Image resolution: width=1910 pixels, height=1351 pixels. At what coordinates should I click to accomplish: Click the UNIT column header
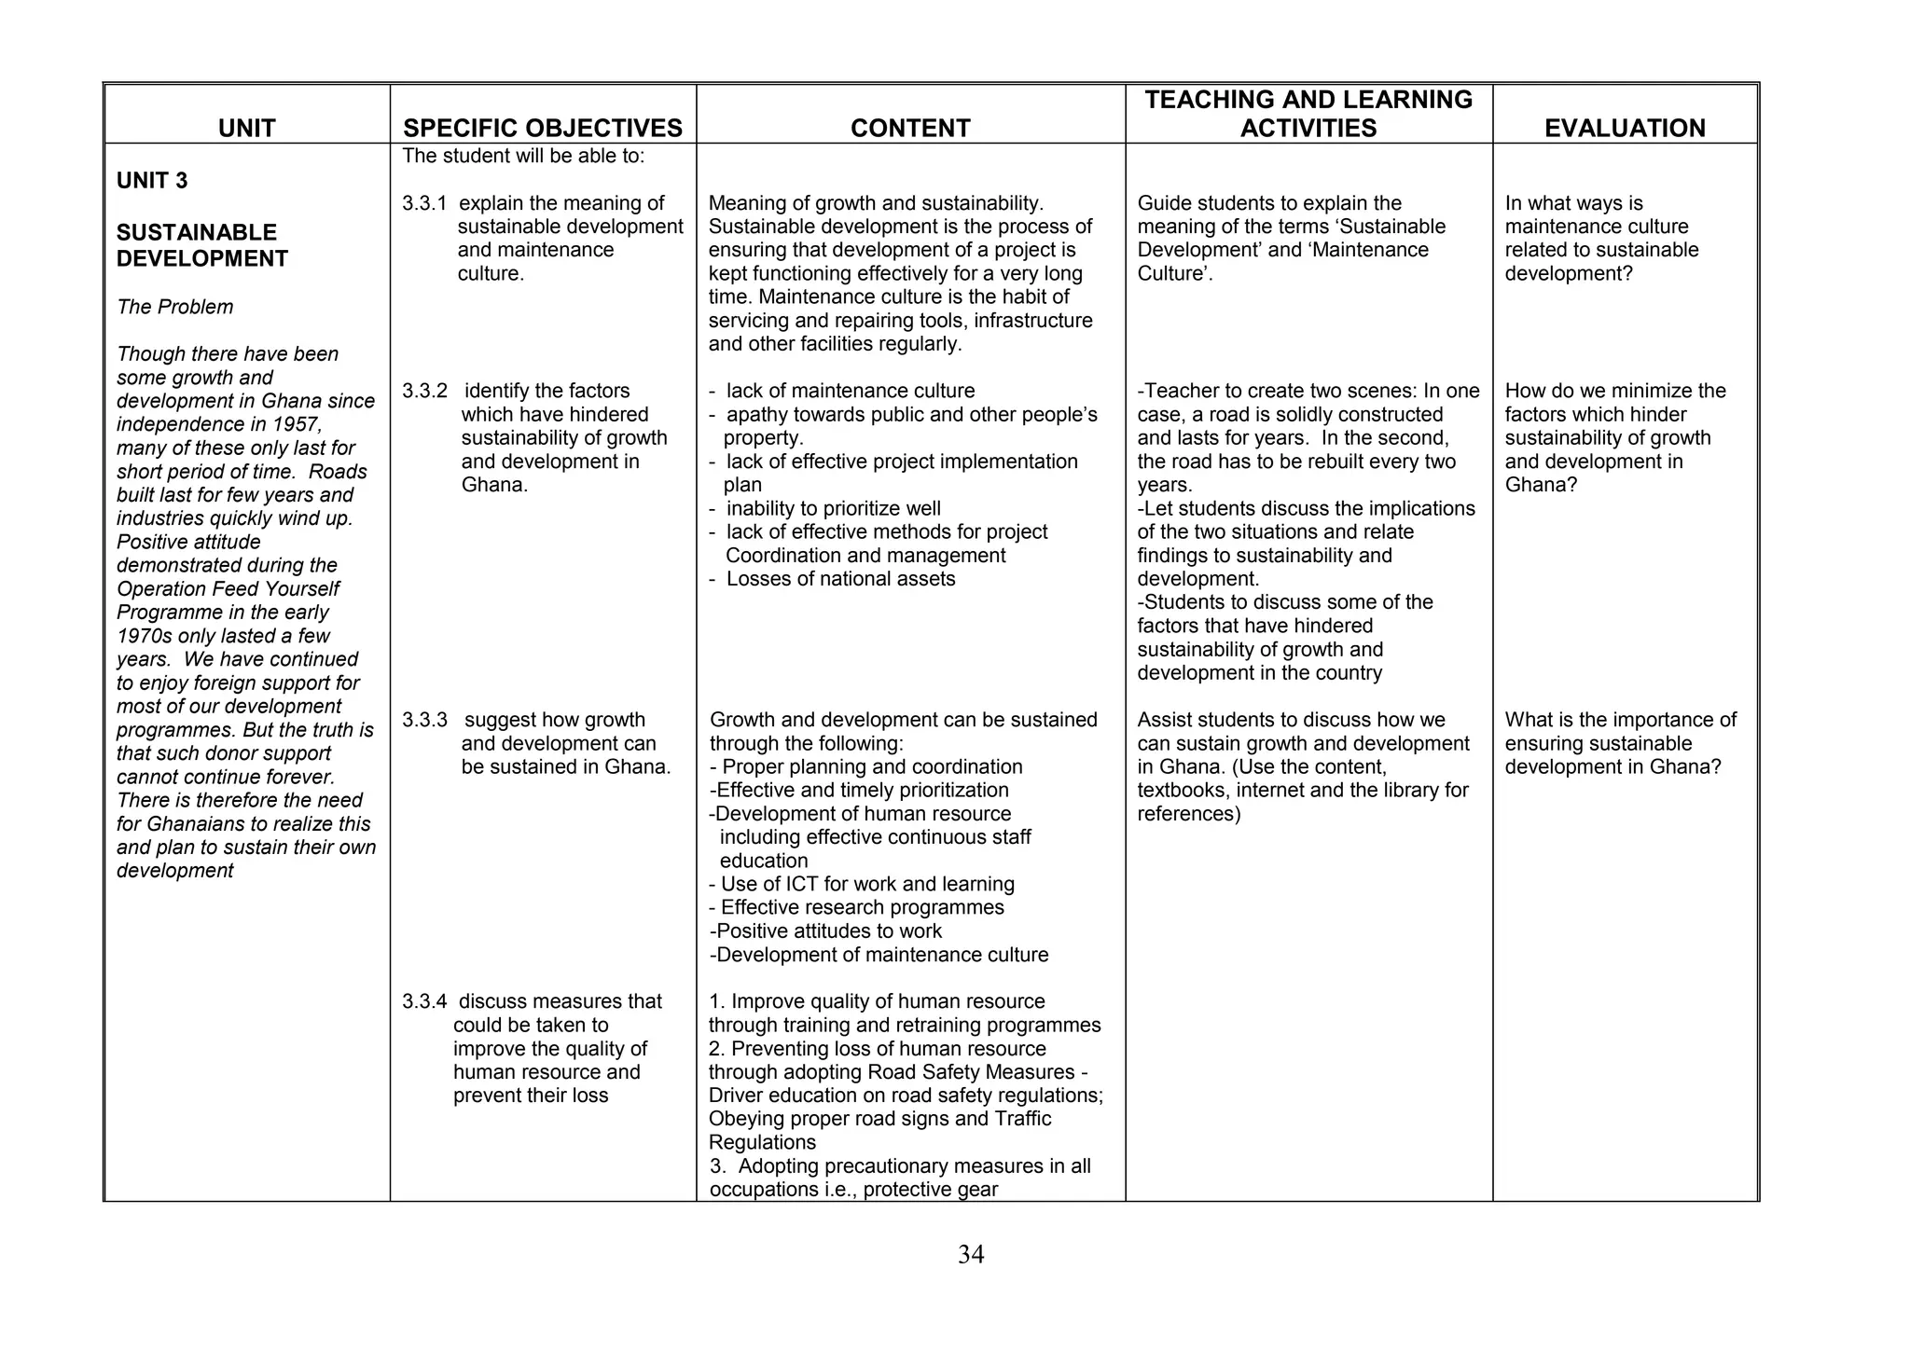click(x=246, y=128)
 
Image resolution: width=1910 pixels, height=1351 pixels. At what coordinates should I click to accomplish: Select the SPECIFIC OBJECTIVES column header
click(x=543, y=128)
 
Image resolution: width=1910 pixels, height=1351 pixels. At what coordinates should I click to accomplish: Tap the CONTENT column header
click(x=910, y=128)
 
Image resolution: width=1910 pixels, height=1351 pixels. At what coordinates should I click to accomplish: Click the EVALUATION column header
click(x=1625, y=128)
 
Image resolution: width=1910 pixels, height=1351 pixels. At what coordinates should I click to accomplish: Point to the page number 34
click(x=971, y=1255)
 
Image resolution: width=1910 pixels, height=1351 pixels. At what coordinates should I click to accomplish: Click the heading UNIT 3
click(x=152, y=181)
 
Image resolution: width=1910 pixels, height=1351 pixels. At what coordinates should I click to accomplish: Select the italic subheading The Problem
click(x=174, y=307)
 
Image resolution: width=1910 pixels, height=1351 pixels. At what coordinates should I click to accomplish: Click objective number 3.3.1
click(x=424, y=203)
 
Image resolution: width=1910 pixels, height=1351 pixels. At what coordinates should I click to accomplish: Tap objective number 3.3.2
click(x=424, y=391)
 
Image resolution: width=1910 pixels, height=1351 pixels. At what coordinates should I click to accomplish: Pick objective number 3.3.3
click(x=424, y=720)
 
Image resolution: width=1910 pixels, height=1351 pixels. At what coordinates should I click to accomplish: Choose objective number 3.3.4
click(x=424, y=1001)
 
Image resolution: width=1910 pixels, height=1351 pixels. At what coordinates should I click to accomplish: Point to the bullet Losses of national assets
click(x=839, y=579)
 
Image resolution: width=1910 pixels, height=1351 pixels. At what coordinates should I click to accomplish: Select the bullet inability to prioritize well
click(x=832, y=508)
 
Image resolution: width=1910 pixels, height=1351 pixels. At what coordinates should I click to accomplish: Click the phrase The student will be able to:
click(x=523, y=156)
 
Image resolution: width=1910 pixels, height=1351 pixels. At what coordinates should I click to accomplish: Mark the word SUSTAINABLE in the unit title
click(x=197, y=232)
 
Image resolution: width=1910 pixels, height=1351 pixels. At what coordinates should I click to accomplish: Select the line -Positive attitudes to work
click(x=826, y=931)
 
